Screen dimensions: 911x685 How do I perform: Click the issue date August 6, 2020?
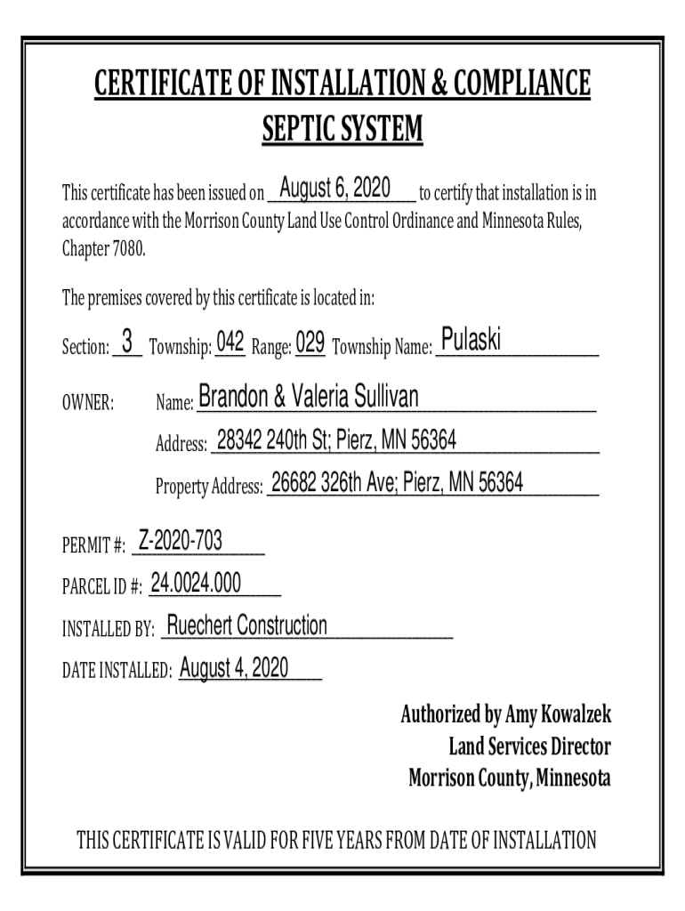point(334,189)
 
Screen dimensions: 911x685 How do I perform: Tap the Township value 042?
point(230,342)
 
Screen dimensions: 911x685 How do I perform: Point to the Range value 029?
point(310,342)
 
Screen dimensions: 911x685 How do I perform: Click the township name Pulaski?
point(471,339)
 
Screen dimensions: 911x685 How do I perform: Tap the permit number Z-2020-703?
point(181,540)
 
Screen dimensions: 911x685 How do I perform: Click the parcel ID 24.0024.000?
point(196,583)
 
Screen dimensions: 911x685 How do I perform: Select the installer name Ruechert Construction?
point(247,626)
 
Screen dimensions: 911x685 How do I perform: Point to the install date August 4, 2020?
point(233,668)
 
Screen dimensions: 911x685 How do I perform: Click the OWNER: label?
point(87,404)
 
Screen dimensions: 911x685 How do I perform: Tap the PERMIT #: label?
point(93,544)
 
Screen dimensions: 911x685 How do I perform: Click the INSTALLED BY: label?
point(108,631)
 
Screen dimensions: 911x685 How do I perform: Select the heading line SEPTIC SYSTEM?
point(342,131)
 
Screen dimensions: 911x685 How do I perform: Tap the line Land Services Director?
point(529,746)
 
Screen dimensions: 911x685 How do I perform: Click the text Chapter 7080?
point(102,247)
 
